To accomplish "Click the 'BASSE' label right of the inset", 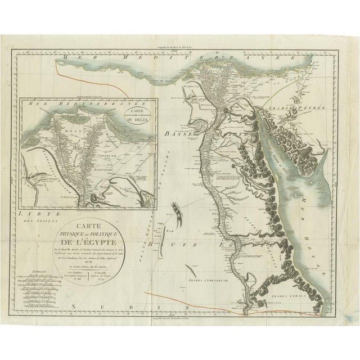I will (177, 133).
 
